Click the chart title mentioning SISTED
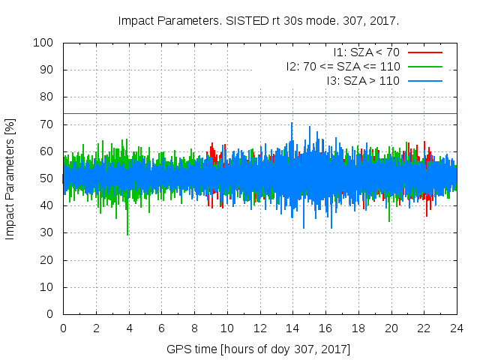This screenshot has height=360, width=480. point(258,21)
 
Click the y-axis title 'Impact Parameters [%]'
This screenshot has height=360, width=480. point(10,178)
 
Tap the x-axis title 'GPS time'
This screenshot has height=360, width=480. point(259,349)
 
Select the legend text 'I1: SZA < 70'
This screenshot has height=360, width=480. point(366,52)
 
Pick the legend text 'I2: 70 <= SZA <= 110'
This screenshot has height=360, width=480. point(342,67)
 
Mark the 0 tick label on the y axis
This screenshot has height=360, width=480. point(52,314)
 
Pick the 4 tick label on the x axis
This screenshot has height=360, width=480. point(129,328)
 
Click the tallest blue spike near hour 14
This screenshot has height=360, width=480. point(292,124)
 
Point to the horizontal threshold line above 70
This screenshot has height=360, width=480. point(225,113)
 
